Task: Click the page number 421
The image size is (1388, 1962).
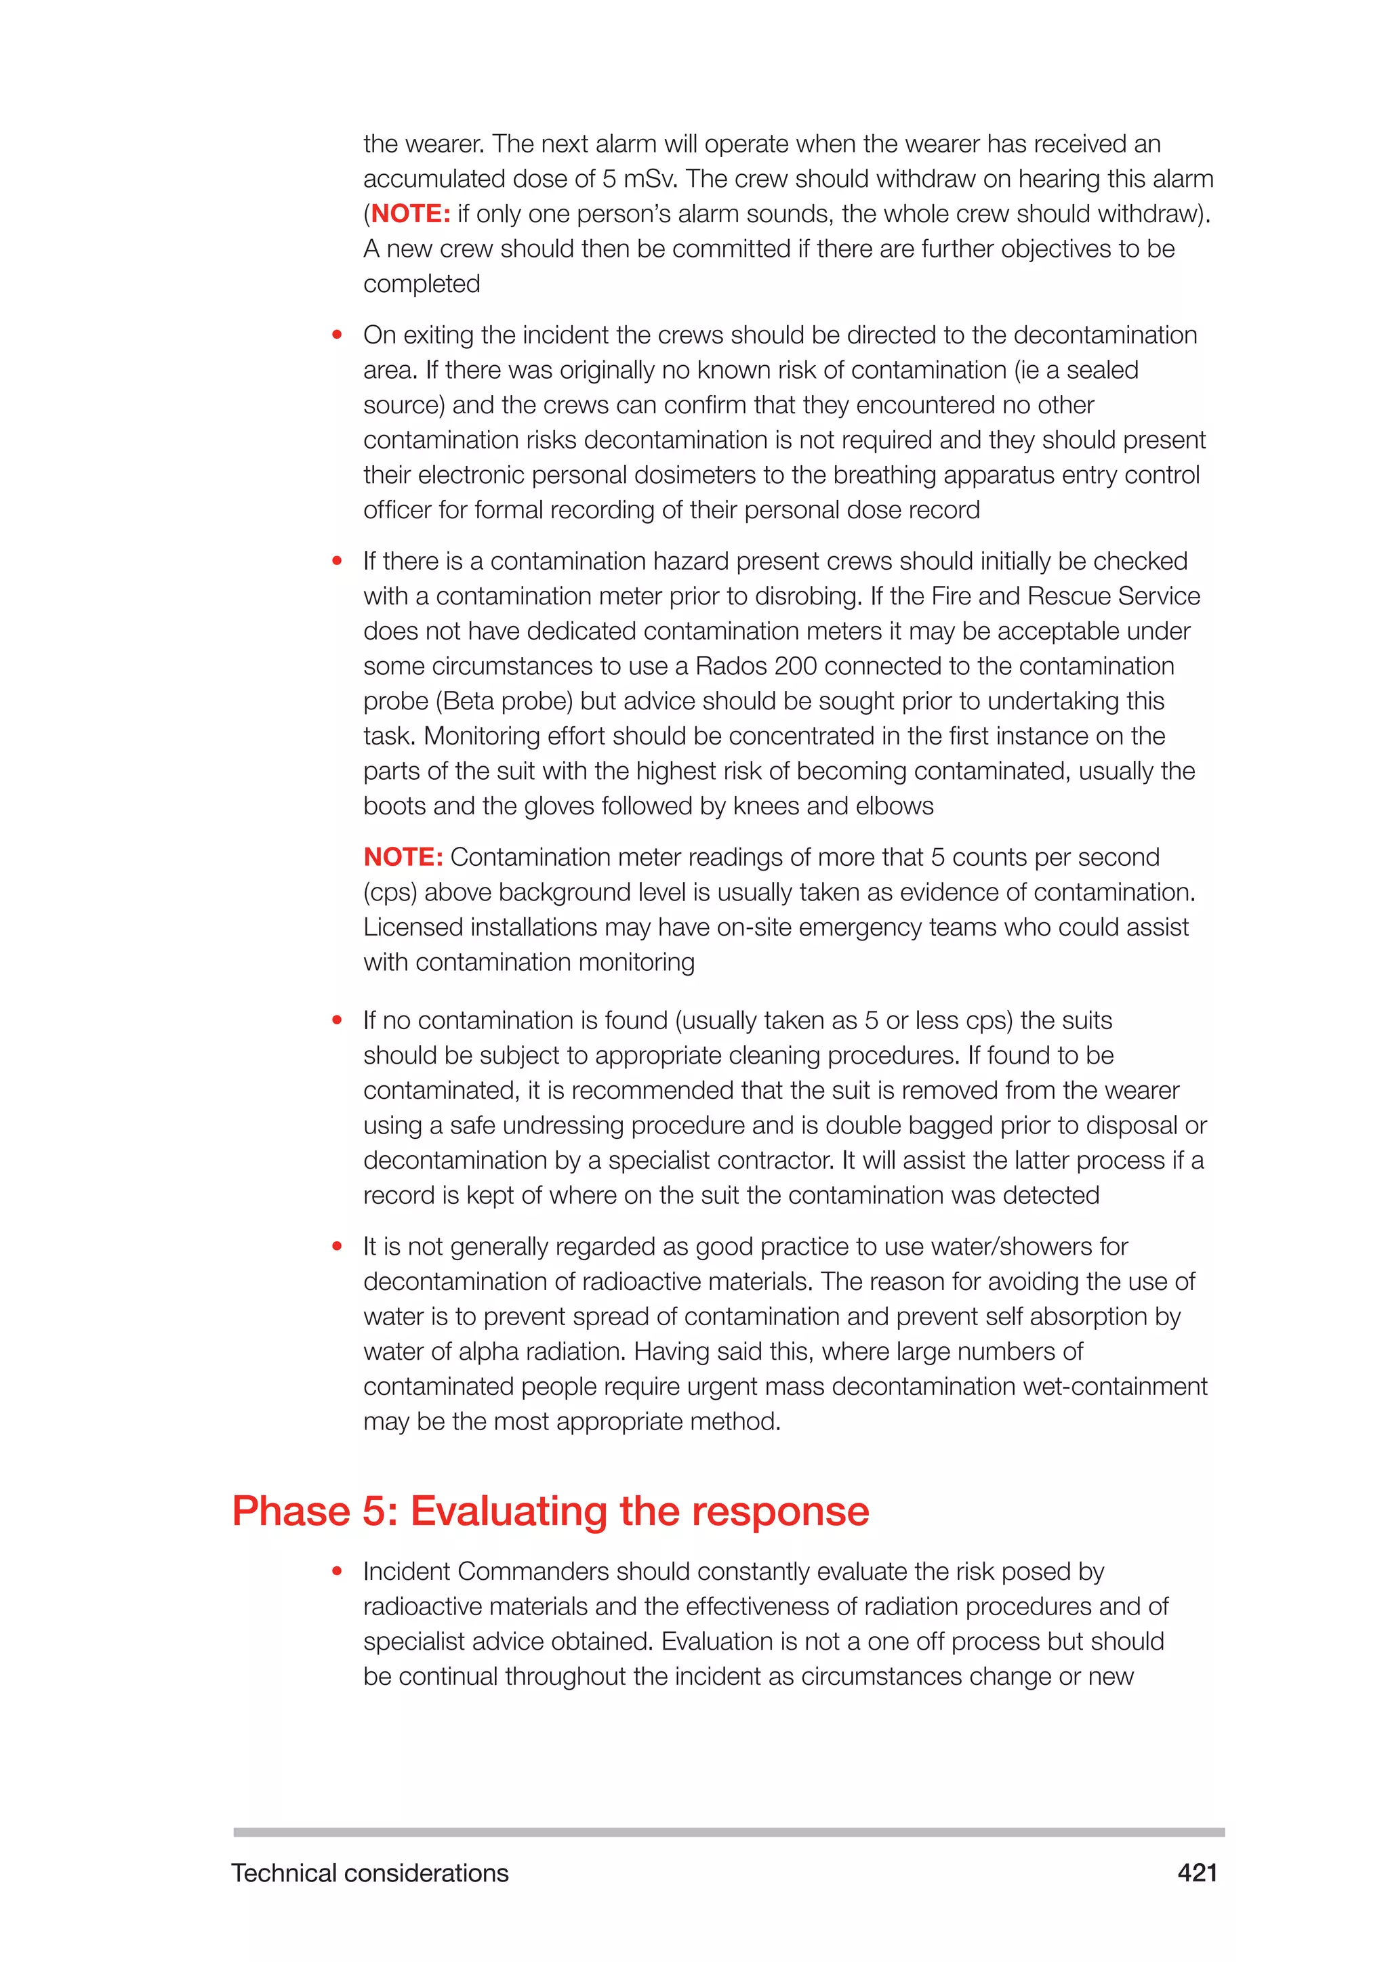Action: click(x=1197, y=1873)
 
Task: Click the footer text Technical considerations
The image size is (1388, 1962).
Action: click(x=369, y=1873)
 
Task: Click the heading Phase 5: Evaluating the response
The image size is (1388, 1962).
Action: click(x=550, y=1510)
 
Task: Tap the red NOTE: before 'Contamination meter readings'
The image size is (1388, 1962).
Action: click(x=403, y=856)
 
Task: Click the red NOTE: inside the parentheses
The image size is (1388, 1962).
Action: click(x=410, y=213)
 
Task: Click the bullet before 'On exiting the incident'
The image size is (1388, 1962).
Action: click(x=337, y=335)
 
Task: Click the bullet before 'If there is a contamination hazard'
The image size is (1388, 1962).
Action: click(x=337, y=562)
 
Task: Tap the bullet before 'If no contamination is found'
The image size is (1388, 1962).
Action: click(x=337, y=1020)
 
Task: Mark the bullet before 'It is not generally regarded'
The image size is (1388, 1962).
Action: click(x=337, y=1247)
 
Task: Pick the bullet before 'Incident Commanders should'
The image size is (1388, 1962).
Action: click(x=337, y=1572)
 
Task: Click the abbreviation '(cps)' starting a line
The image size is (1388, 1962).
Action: click(x=390, y=892)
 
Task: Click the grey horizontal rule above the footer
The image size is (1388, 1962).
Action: click(x=728, y=1832)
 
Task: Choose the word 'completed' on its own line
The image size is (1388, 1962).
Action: click(x=422, y=284)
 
